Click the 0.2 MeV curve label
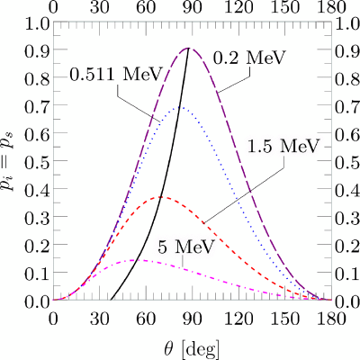coord(248,58)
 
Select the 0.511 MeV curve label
coord(116,75)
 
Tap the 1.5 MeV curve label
coord(283,147)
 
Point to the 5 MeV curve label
coord(186,247)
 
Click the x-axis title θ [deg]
coord(192,349)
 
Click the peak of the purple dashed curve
coord(189,48)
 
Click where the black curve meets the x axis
coord(111,300)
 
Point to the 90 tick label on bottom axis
coord(193,319)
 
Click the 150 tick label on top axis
coord(285,7)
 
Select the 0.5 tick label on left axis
coord(35,161)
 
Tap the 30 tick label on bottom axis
coord(100,319)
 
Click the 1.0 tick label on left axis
coord(35,24)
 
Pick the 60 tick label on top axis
coord(146,7)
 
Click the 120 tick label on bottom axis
coord(239,319)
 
